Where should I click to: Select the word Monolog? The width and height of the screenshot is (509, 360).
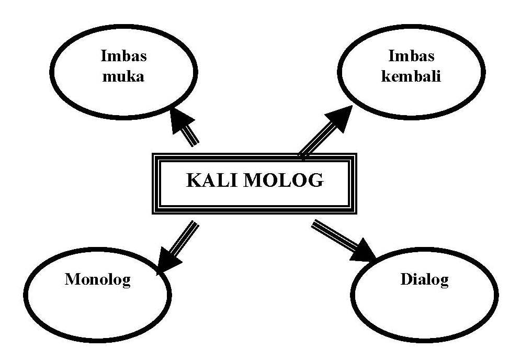click(98, 279)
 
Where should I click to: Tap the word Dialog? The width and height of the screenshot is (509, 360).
click(424, 279)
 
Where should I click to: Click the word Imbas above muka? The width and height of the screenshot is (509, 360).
click(124, 57)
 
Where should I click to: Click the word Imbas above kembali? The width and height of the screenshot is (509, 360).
click(412, 57)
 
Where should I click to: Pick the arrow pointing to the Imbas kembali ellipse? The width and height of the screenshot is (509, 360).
click(326, 131)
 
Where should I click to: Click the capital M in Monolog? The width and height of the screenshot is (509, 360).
click(72, 279)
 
